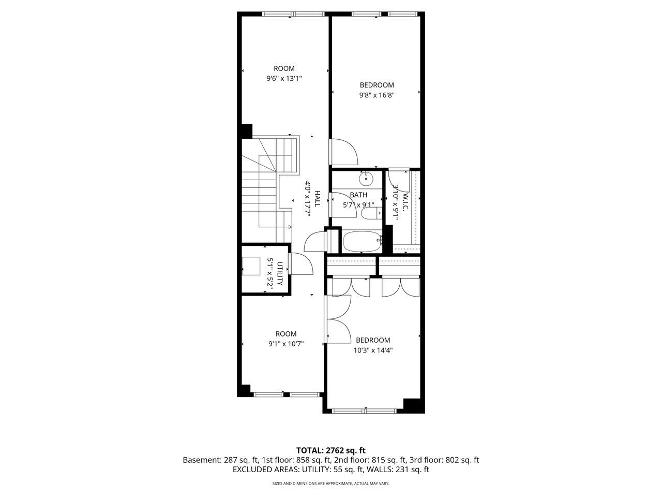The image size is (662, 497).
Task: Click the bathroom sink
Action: pos(366,179)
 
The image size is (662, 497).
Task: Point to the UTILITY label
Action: pos(280,273)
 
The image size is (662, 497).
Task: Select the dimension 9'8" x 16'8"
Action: pos(377,95)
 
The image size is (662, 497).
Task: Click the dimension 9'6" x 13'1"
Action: pos(284,79)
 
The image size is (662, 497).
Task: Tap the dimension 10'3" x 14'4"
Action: pos(373,350)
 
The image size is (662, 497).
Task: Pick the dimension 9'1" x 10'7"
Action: pos(286,344)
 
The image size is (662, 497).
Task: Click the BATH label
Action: pos(358,195)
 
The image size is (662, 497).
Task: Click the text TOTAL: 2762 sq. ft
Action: pos(331,450)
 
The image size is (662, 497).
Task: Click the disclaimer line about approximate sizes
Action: pos(331,484)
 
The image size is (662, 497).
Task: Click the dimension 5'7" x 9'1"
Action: pos(358,205)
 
